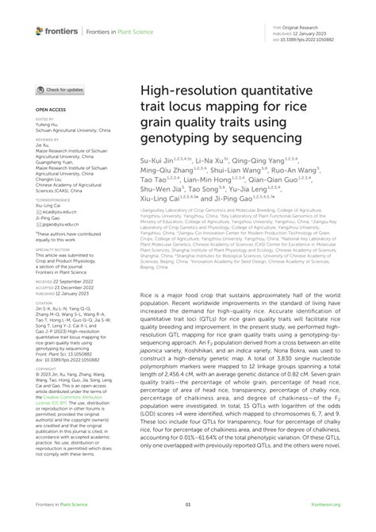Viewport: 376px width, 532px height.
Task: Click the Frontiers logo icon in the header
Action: (x=39, y=30)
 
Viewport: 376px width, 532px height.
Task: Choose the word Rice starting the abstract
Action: (x=148, y=295)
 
